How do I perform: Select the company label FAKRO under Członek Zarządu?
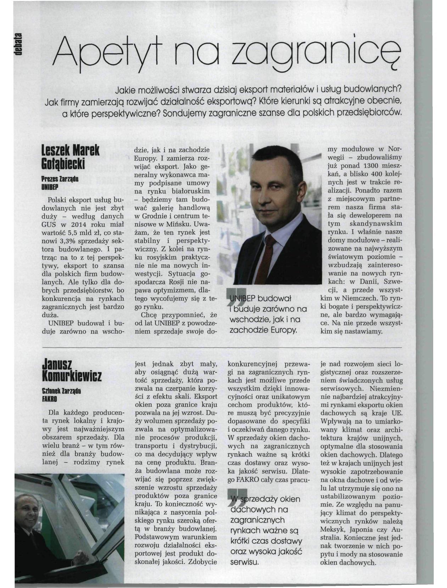click(x=50, y=398)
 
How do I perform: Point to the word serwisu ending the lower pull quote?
click(x=244, y=562)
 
